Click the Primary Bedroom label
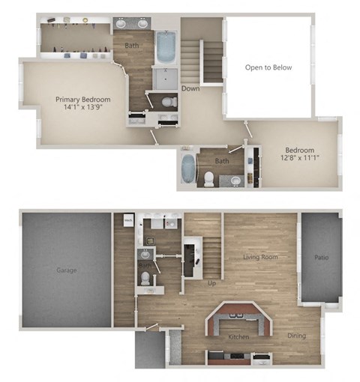(83, 100)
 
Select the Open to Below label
(268, 67)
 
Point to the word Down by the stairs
(190, 88)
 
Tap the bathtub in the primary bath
(166, 47)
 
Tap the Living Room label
(260, 258)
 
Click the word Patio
(322, 258)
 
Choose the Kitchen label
(238, 337)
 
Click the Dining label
(296, 336)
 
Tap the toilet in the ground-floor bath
(145, 277)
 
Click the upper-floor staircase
(211, 60)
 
